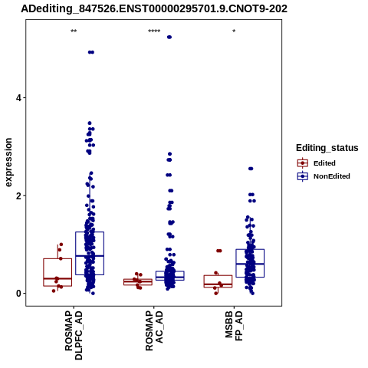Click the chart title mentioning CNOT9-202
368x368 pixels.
click(x=154, y=8)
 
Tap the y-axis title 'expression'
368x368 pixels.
click(x=8, y=163)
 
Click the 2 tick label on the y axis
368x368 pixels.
click(x=18, y=195)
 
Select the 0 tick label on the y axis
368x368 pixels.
click(x=18, y=294)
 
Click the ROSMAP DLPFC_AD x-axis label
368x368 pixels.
click(x=74, y=335)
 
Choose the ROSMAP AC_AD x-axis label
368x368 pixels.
click(x=154, y=331)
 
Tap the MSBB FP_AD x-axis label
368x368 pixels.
click(x=234, y=326)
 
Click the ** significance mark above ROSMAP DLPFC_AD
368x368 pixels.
click(x=74, y=31)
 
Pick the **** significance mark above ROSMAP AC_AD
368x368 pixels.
click(x=154, y=31)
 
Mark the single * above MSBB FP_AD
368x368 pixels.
click(x=234, y=31)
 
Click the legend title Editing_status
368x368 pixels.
click(x=327, y=148)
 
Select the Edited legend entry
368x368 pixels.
click(x=317, y=163)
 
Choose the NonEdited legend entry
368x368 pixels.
click(x=324, y=176)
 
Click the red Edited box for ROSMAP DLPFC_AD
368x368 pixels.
click(x=58, y=272)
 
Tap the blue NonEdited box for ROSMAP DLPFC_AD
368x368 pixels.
click(x=90, y=254)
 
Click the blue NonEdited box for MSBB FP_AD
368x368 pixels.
click(x=250, y=263)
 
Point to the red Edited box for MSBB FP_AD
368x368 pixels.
click(x=218, y=281)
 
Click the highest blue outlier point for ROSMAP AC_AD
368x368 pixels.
click(x=169, y=37)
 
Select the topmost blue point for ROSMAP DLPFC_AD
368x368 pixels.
click(x=91, y=52)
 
